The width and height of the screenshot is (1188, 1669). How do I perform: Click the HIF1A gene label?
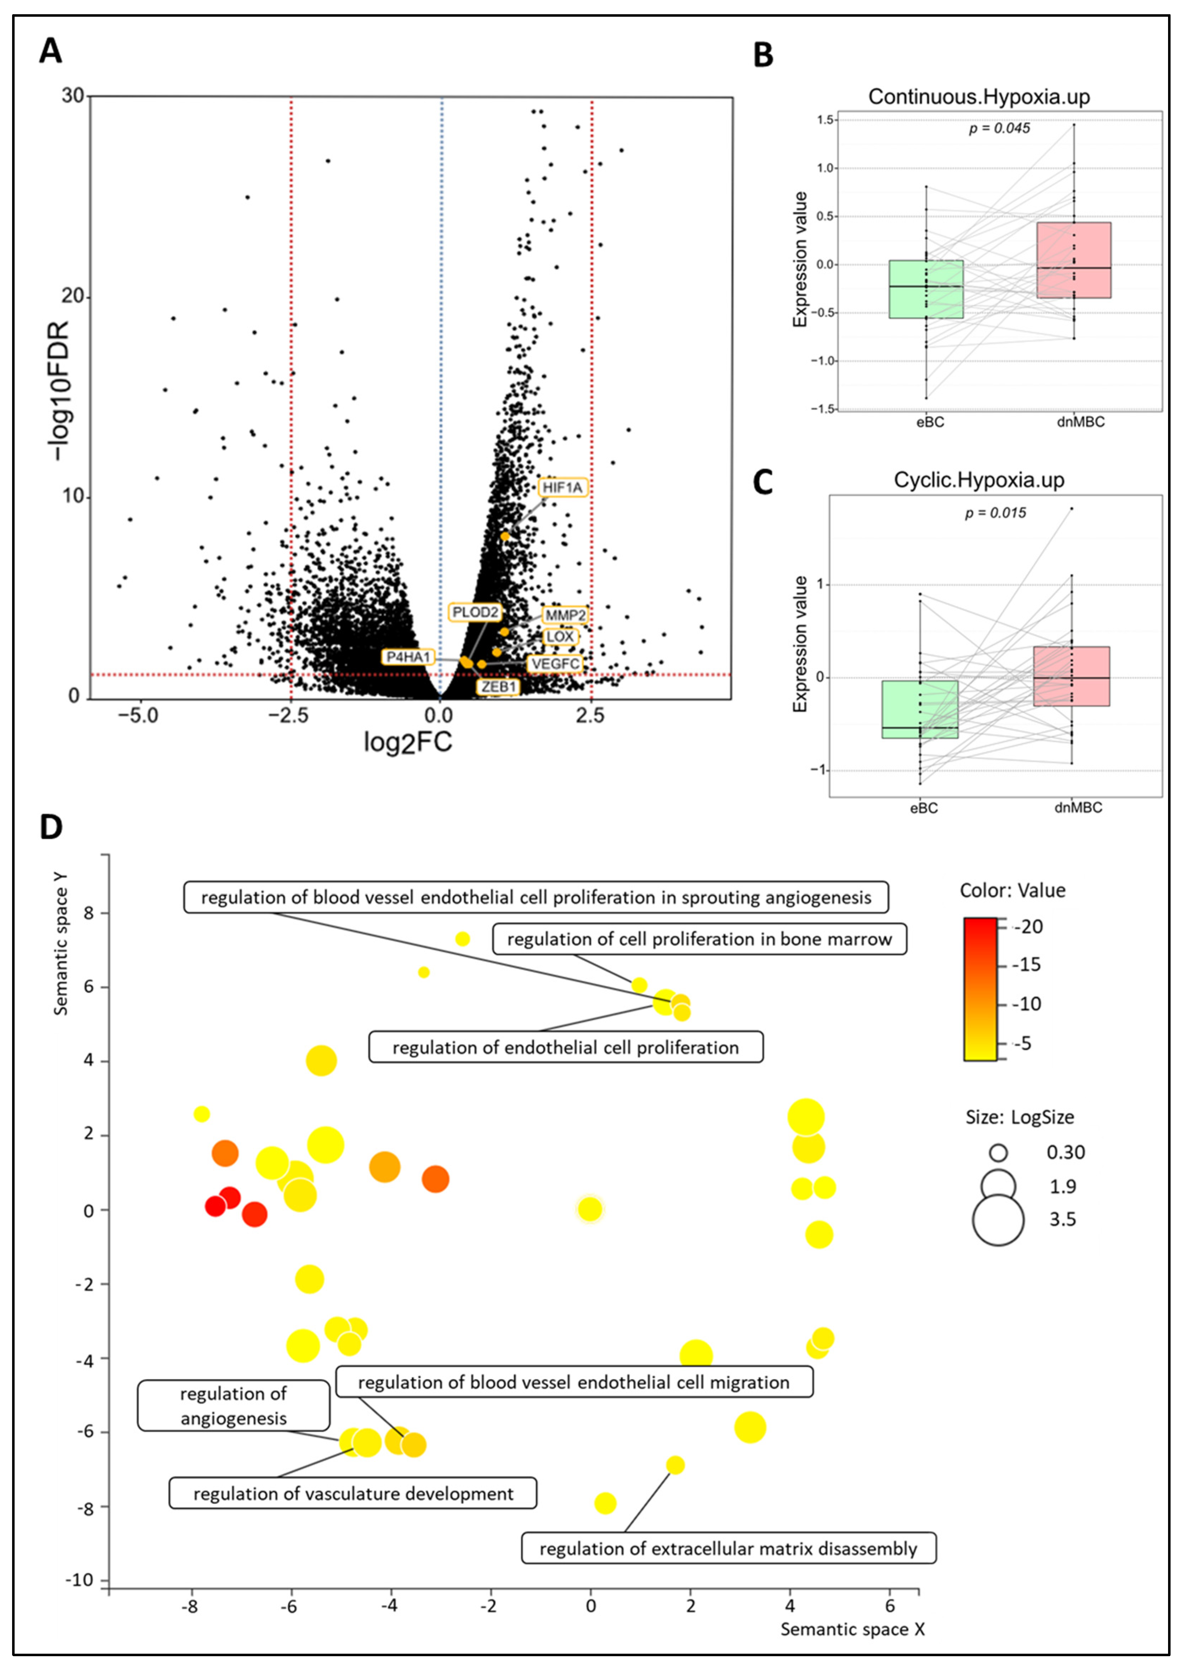[x=563, y=487]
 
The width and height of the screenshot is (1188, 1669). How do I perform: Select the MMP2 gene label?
[x=565, y=615]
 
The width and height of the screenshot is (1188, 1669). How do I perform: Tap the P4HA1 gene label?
[x=408, y=657]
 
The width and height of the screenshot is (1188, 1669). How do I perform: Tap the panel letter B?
[x=763, y=55]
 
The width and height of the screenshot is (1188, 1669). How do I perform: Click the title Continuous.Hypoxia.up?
[x=979, y=96]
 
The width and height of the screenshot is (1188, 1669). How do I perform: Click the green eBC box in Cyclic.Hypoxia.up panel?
[x=920, y=709]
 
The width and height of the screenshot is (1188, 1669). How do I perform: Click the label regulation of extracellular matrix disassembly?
[x=728, y=1548]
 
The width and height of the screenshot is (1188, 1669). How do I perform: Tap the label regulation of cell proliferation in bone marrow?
[x=699, y=939]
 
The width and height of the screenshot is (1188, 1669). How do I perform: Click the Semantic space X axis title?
[x=852, y=1629]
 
